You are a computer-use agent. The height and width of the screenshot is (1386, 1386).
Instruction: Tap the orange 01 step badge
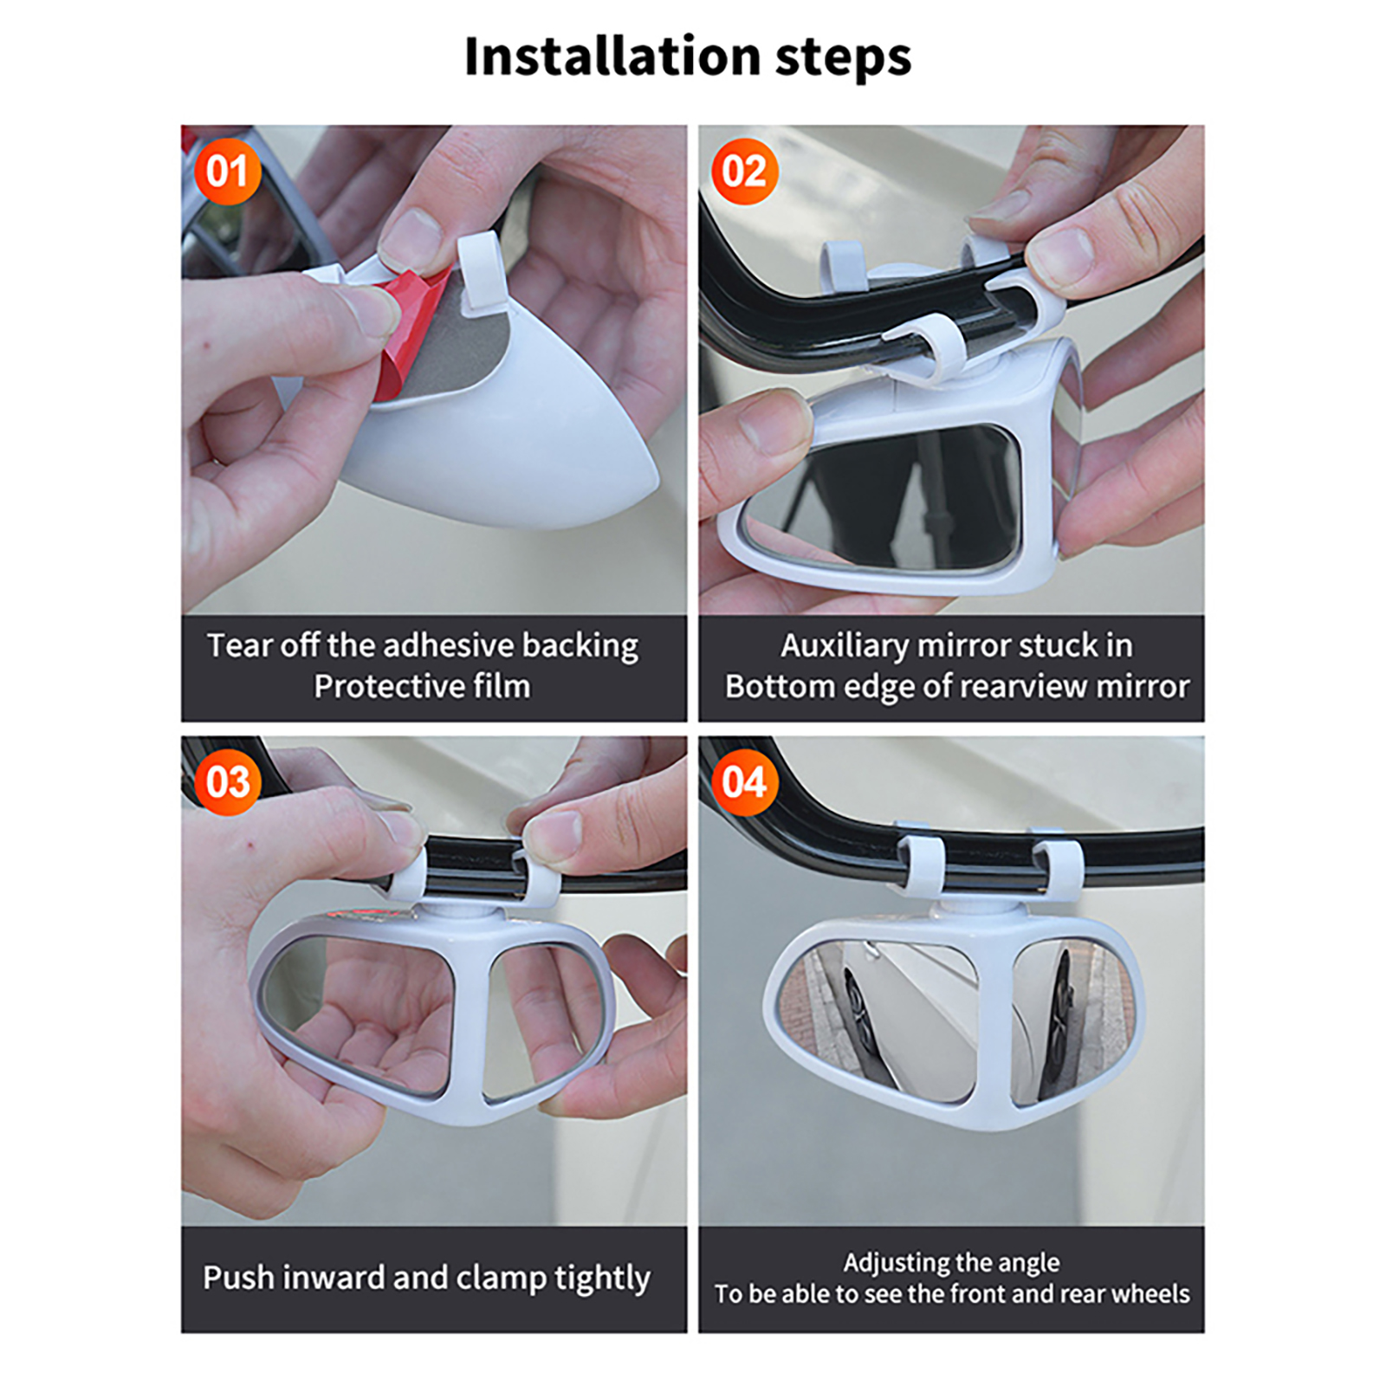227,172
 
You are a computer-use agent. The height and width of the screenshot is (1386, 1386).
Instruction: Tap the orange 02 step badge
744,172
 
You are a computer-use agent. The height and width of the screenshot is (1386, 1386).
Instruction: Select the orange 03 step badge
227,782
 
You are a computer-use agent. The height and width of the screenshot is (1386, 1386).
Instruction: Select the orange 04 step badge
744,782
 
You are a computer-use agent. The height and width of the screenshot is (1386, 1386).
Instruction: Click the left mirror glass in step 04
879,1022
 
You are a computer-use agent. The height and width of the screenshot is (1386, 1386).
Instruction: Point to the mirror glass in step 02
884,498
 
